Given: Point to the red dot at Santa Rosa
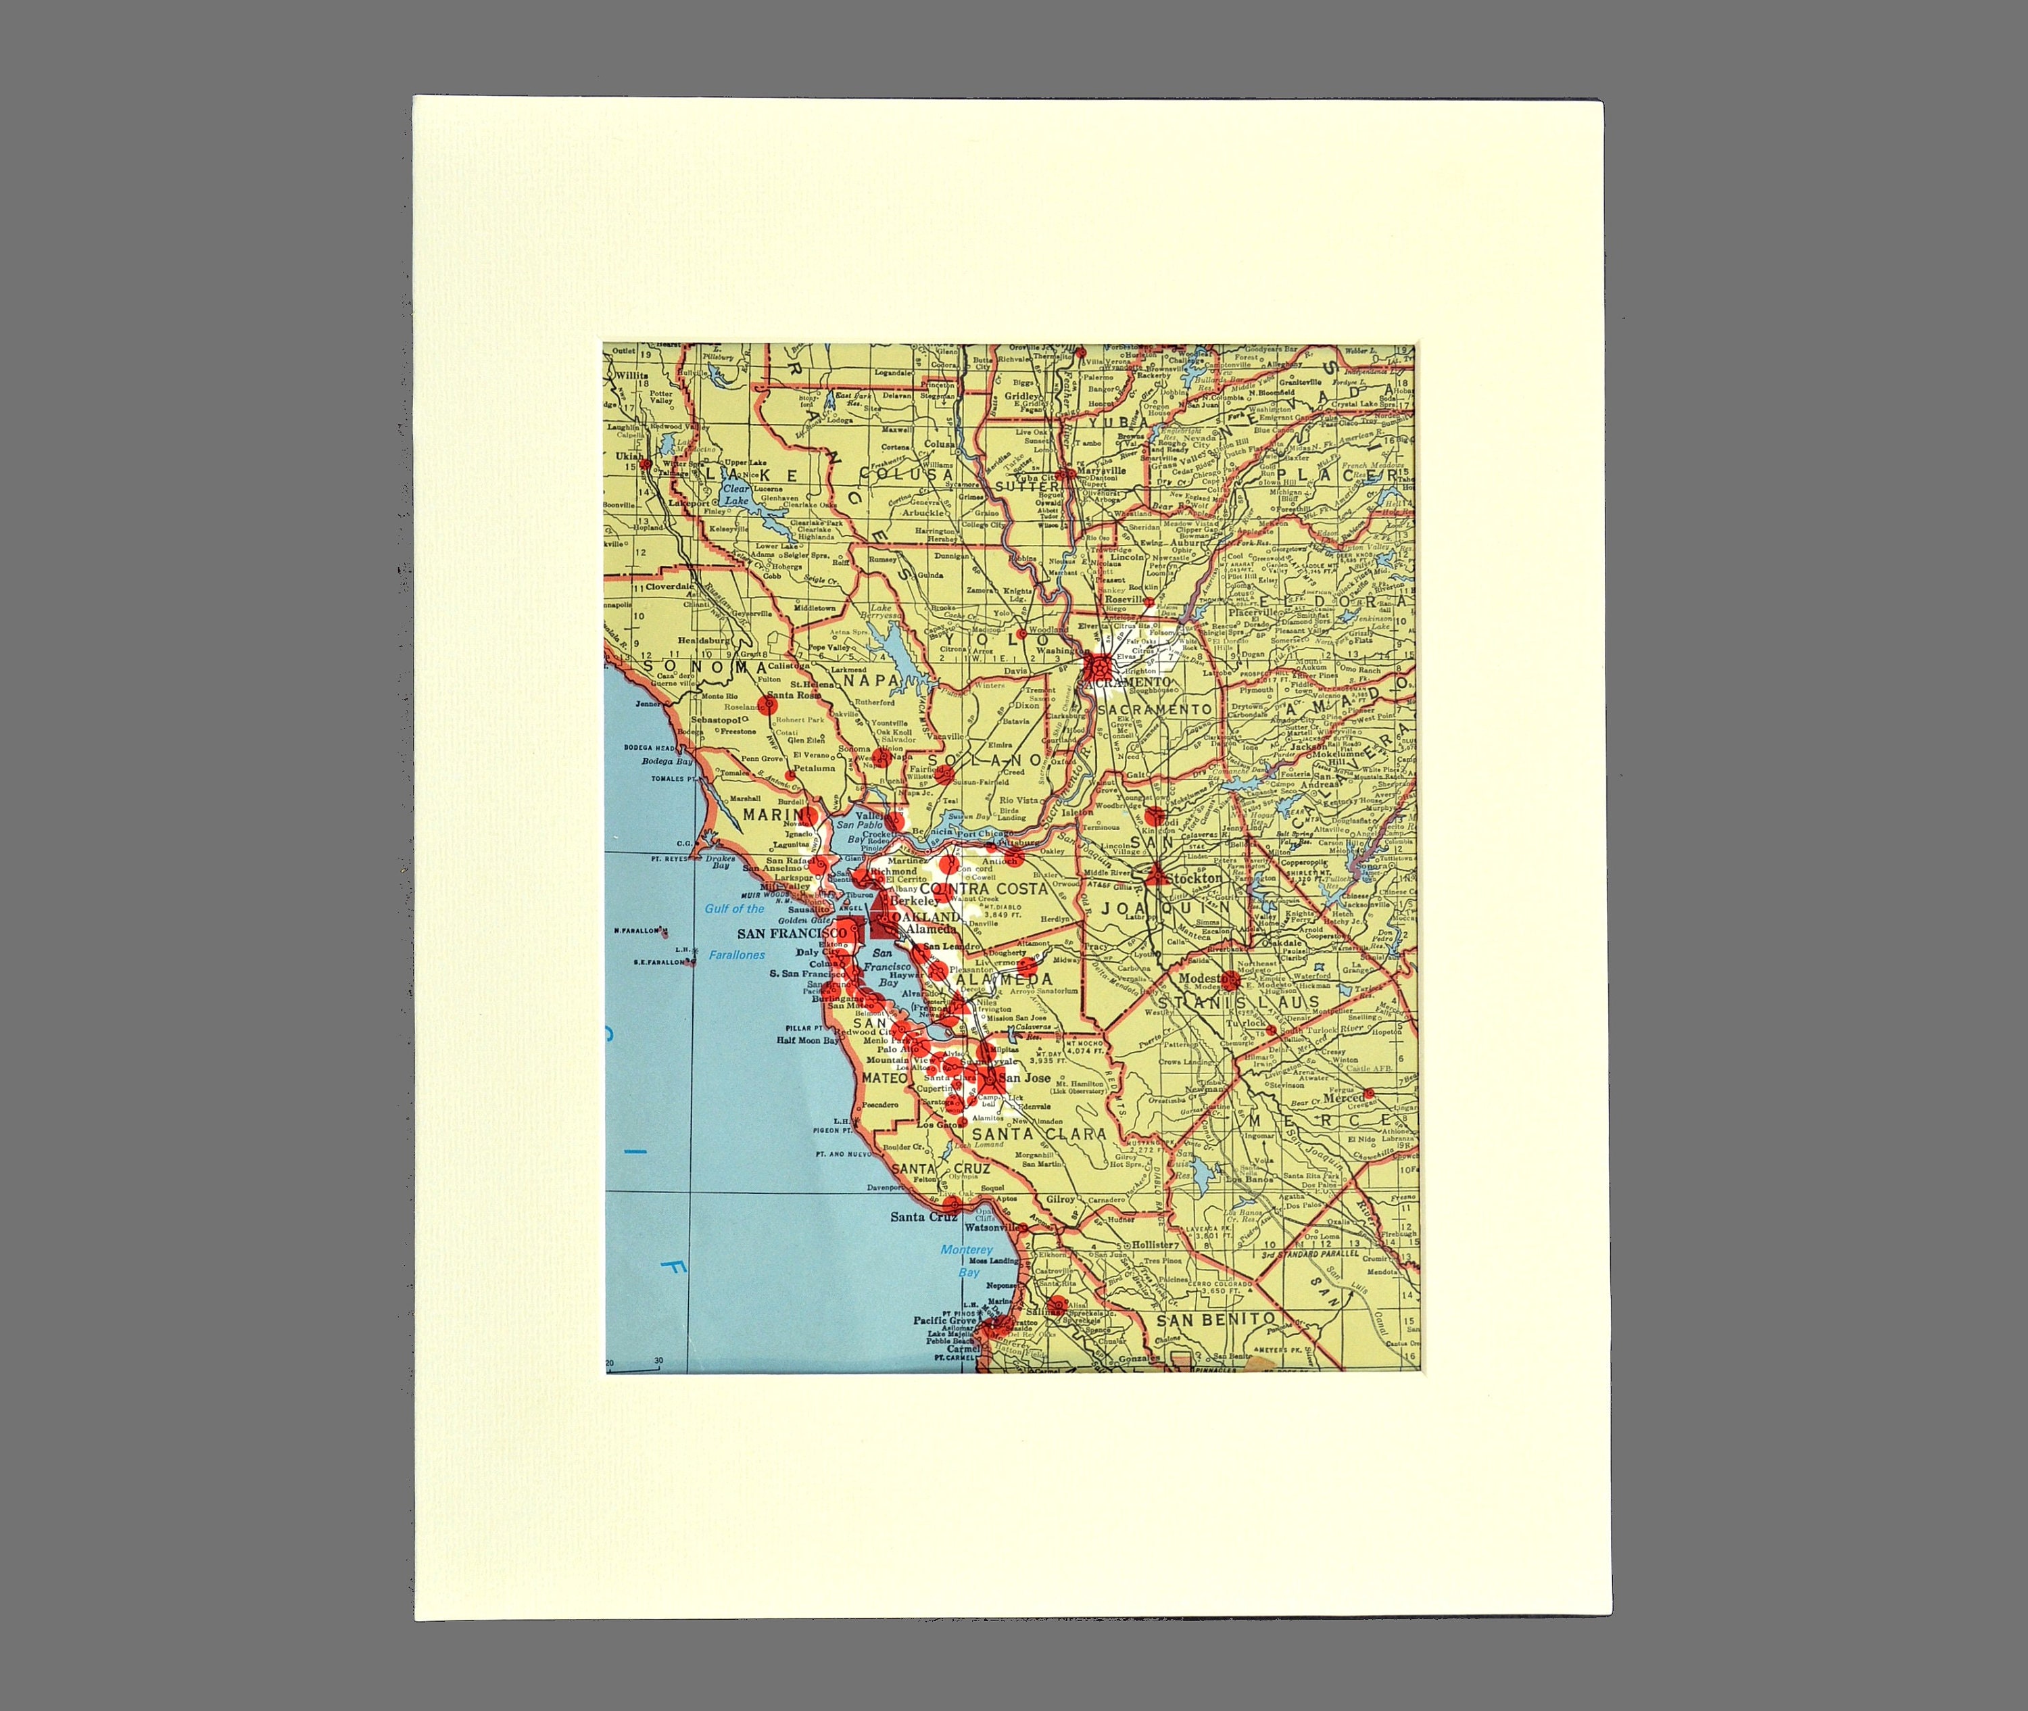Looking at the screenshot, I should [x=767, y=706].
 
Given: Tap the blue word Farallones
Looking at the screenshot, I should [x=736, y=955].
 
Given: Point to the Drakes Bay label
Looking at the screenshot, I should [x=720, y=861].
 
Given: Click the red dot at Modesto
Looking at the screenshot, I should [x=1230, y=979].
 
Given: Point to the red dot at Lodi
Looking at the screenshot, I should [x=1153, y=816].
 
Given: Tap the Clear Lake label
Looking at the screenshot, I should [x=736, y=495].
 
